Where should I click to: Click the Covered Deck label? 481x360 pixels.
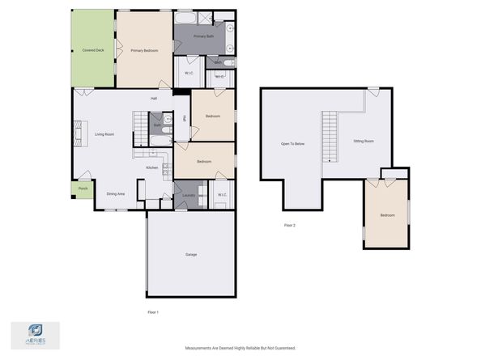point(93,50)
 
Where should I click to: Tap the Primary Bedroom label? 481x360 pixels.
point(144,50)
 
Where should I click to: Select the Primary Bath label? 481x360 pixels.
point(203,36)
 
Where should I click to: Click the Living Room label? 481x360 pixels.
point(104,134)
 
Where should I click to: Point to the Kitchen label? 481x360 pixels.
point(151,167)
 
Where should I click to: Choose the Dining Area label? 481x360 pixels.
point(116,193)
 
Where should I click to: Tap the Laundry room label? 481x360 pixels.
point(189,194)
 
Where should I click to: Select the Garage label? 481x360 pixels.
point(191,255)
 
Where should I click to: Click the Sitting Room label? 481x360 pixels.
point(364,141)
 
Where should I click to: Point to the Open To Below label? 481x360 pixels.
point(292,143)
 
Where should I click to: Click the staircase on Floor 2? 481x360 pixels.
point(329,136)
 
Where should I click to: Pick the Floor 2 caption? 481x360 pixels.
point(289,225)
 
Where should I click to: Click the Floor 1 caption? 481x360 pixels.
point(152,311)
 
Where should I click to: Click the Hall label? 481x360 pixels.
point(153,99)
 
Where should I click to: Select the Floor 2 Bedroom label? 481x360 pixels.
point(388,215)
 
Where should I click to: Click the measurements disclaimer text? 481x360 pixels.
point(240,348)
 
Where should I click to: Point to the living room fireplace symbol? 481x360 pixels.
point(79,133)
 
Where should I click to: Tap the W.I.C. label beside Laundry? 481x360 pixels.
point(221,194)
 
